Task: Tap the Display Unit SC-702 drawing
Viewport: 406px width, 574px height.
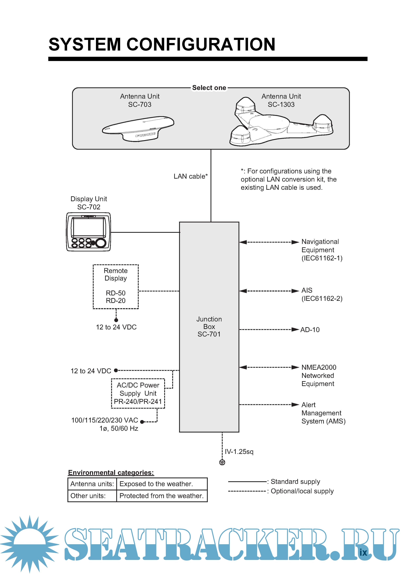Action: (x=88, y=232)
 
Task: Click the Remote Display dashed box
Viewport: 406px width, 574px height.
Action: (x=116, y=286)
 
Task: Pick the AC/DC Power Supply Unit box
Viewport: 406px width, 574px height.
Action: (x=138, y=393)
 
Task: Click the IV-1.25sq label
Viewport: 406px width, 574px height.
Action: (x=239, y=451)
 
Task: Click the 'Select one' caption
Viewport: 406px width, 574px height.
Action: (x=209, y=88)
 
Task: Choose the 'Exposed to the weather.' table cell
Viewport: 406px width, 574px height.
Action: (x=162, y=484)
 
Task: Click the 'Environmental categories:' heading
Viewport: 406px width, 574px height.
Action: (x=111, y=473)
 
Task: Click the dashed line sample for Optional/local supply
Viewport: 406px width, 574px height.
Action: (x=247, y=491)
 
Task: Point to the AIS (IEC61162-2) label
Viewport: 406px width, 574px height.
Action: (x=322, y=294)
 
